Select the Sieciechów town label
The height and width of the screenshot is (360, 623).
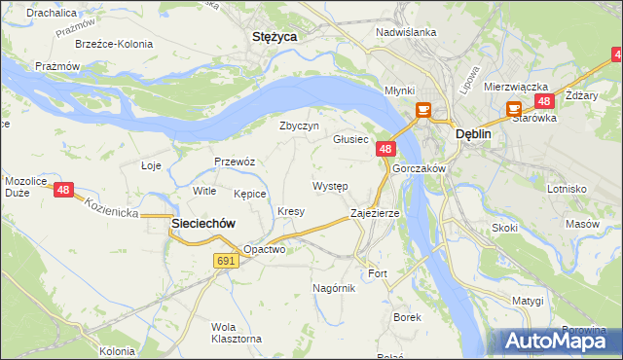click(x=203, y=223)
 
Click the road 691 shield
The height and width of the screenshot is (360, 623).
click(x=226, y=261)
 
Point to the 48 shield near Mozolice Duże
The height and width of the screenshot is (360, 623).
click(x=63, y=191)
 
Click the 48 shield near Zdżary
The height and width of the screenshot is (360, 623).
click(x=544, y=101)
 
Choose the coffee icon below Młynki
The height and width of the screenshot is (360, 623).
click(x=423, y=110)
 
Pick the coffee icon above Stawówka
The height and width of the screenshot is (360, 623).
click(x=513, y=110)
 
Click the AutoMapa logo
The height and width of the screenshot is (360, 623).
click(x=559, y=341)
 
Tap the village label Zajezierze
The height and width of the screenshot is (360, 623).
click(x=375, y=213)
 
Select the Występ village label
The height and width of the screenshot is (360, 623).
click(x=330, y=185)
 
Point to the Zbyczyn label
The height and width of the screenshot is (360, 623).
click(x=299, y=126)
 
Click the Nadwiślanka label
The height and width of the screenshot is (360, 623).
click(x=406, y=32)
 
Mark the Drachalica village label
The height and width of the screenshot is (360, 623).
click(x=53, y=14)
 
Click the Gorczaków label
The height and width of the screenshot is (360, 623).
click(x=419, y=168)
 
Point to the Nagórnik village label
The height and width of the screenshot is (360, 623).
click(x=335, y=288)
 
